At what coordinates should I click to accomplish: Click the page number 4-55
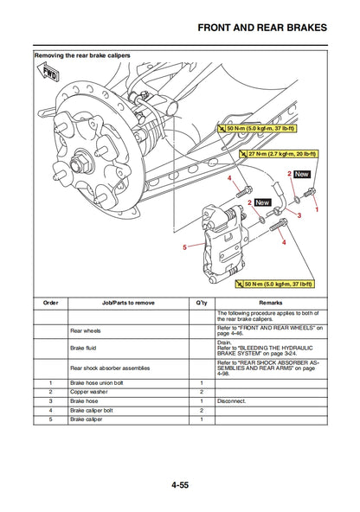coord(180,486)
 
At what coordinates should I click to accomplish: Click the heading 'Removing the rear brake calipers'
coord(82,55)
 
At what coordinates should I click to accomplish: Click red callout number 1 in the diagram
coord(317,210)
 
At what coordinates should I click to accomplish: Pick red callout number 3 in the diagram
coord(299,215)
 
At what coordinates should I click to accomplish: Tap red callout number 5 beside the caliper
coord(184,247)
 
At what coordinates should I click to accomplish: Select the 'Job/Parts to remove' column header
coord(128,304)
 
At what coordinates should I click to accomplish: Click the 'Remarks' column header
coord(270,304)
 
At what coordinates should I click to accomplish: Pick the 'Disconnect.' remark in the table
coord(232,401)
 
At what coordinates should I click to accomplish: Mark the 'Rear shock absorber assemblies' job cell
coord(110,368)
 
